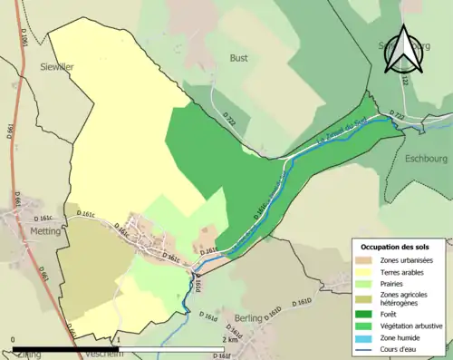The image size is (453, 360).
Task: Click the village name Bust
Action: click(238, 57)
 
